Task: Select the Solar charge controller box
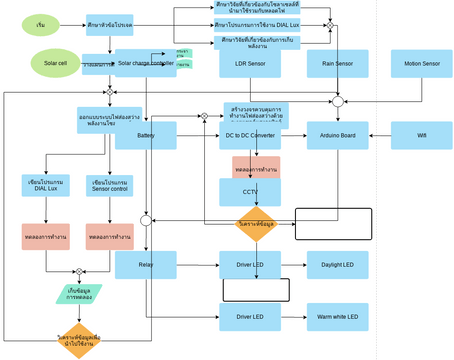[x=145, y=63]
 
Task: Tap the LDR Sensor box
[x=250, y=64]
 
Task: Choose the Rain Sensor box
[x=337, y=64]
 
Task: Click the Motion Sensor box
[x=421, y=64]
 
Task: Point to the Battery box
[x=145, y=135]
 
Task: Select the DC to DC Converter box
[x=250, y=135]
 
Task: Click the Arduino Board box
[x=337, y=135]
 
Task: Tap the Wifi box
[x=421, y=135]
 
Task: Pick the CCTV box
[x=250, y=191]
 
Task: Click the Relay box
[x=145, y=265]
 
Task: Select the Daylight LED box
[x=337, y=265]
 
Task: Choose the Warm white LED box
[x=337, y=317]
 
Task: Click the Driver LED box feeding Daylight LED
[x=250, y=265]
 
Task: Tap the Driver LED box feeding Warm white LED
[x=250, y=317]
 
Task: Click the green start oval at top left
[x=40, y=24]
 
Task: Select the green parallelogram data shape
[x=78, y=294]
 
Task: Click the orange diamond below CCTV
[x=256, y=224]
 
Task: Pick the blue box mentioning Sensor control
[x=110, y=185]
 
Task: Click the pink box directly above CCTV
[x=256, y=167]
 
